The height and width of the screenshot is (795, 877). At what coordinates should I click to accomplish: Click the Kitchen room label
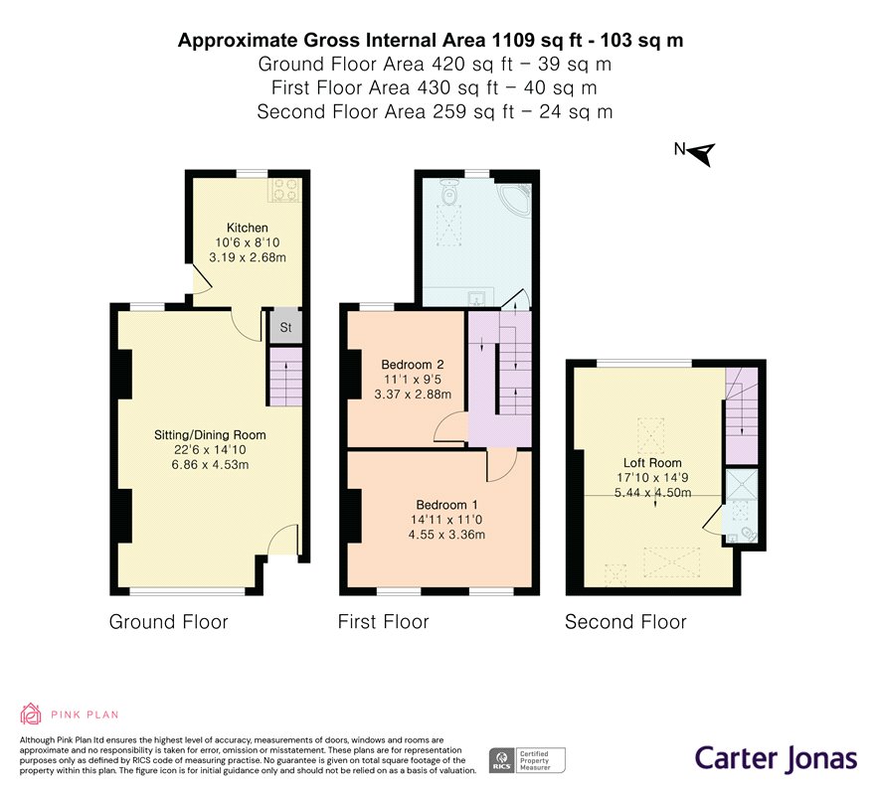(248, 228)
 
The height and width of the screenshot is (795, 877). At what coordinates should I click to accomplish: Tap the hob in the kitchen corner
(284, 190)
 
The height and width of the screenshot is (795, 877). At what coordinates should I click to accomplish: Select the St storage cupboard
(285, 327)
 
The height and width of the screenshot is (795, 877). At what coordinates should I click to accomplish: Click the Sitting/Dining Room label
(210, 435)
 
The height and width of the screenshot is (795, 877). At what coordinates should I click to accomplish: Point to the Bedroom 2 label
(413, 365)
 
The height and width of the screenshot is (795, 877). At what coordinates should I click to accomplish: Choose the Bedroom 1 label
(446, 505)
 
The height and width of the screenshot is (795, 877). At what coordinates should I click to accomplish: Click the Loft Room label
(652, 463)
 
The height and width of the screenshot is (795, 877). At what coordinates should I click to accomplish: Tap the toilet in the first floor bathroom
(448, 193)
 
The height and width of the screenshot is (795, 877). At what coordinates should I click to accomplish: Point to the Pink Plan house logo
(30, 714)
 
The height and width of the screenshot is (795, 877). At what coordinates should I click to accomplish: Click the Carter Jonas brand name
(776, 758)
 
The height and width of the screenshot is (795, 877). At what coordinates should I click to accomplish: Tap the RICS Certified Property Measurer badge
(527, 760)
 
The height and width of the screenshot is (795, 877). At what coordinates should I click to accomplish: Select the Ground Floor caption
(168, 622)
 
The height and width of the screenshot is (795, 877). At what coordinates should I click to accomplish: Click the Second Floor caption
(625, 622)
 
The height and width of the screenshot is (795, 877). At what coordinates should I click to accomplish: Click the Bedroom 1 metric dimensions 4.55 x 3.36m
(446, 535)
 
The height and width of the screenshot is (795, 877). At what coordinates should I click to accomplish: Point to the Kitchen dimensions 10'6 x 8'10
(248, 242)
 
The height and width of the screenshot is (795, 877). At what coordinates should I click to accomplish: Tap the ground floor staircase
(285, 377)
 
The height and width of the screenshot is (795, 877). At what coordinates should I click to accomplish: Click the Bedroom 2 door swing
(450, 428)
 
